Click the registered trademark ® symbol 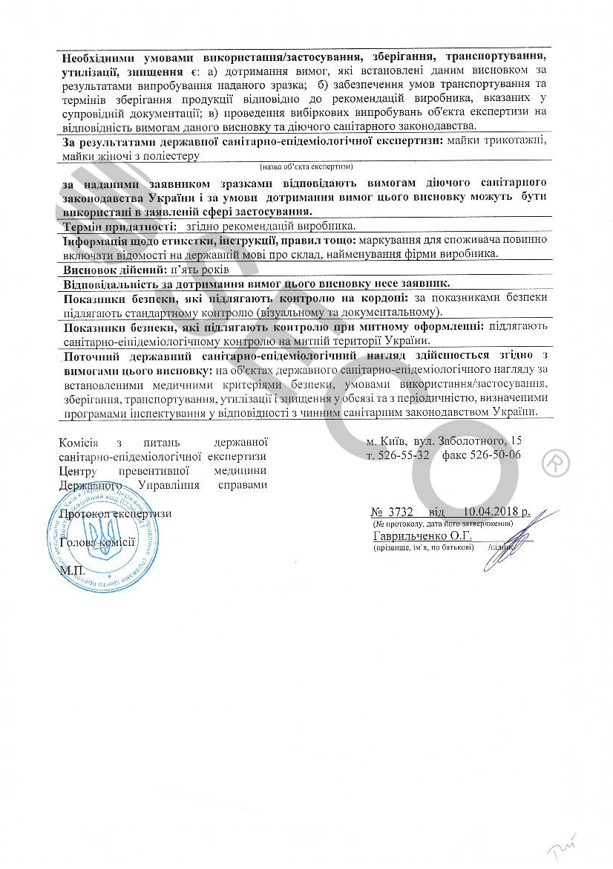coord(555,463)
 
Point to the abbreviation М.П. coord(72,570)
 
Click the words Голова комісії coord(98,542)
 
